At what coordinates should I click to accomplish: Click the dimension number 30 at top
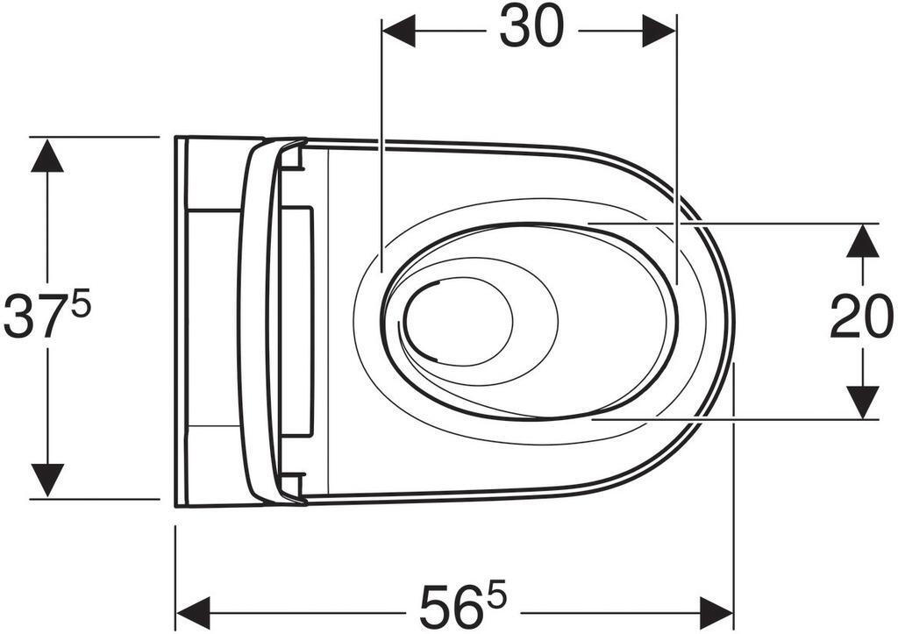tap(531, 28)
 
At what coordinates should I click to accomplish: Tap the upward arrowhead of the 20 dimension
tap(862, 240)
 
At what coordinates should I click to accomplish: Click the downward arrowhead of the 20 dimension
tap(862, 402)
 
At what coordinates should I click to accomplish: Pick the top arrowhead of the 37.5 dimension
tap(47, 154)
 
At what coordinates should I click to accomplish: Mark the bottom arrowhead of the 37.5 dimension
tap(47, 481)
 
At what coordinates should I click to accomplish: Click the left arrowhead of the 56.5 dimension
tap(193, 606)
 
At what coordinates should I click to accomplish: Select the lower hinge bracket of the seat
tap(294, 483)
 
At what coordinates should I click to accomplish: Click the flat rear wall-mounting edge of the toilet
tap(180, 321)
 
